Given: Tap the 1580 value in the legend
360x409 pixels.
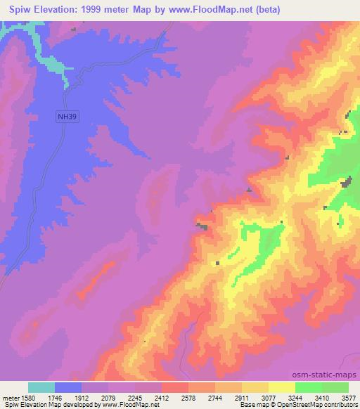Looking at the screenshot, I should (29, 397).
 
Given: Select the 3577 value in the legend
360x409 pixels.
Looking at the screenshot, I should (348, 397).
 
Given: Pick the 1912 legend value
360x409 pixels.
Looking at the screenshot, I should (82, 397).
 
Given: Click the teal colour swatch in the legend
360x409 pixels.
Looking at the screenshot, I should (42, 387).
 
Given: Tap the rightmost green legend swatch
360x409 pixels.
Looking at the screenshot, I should (335, 387).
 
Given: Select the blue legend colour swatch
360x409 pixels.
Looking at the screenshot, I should (69, 387).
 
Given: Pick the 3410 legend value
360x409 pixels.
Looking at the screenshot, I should (321, 397).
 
